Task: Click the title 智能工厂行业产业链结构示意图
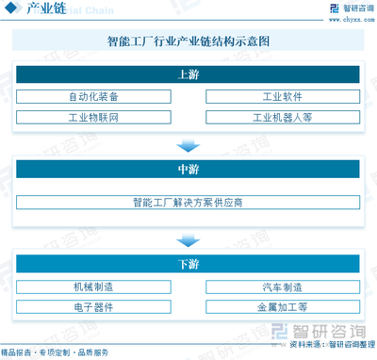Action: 188,42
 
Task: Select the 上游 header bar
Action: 188,74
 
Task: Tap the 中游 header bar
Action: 188,170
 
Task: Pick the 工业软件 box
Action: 282,97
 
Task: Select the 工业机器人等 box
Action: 282,118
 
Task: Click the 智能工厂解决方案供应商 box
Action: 188,202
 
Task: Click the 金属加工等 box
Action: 282,307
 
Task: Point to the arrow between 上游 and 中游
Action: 188,145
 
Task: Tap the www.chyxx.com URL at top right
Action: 346,17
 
